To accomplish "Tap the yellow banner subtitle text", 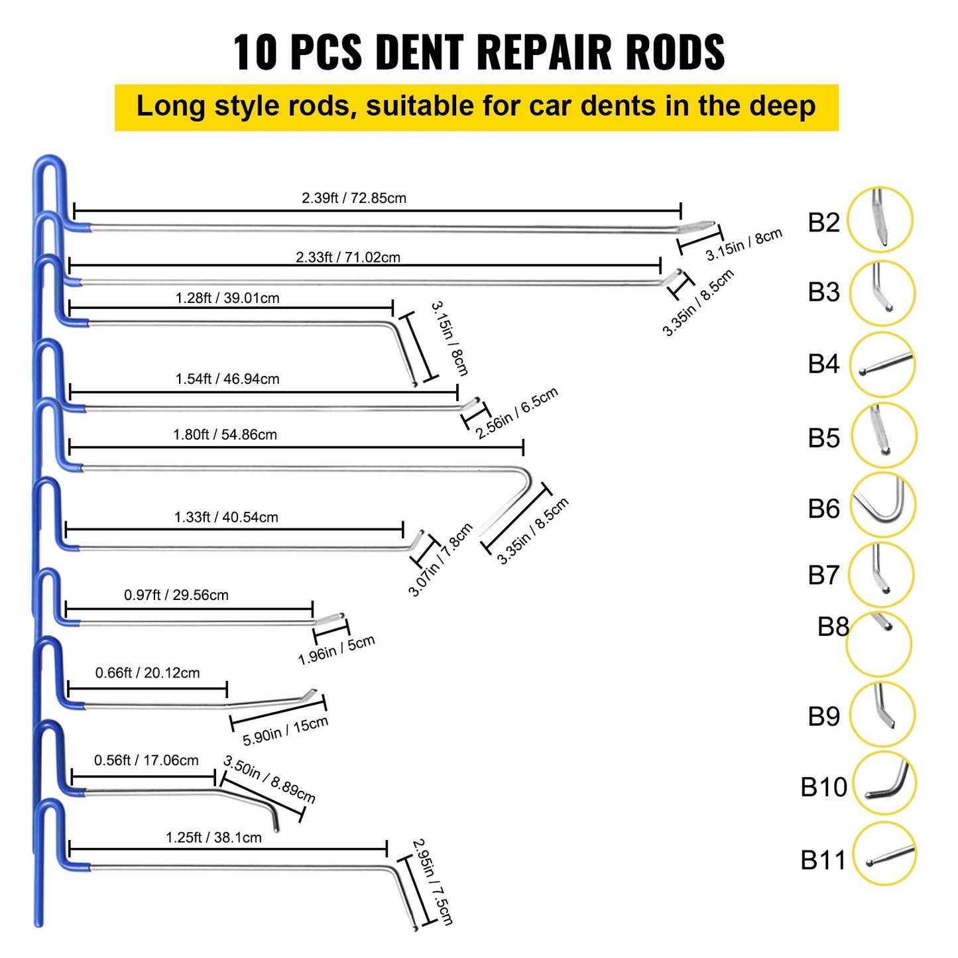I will point(476,107).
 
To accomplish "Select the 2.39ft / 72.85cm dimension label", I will point(353,198).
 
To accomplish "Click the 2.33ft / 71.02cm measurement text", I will point(347,257).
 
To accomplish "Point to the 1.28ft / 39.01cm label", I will point(227,298).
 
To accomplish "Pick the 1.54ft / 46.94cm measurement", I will point(227,379).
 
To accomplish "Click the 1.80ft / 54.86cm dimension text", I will point(225,435).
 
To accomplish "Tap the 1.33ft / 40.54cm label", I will point(226,517).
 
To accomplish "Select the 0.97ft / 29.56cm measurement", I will point(176,595).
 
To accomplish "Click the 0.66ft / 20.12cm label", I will point(147,673).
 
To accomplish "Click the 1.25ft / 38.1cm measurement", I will point(213,837).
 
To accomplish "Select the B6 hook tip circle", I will point(882,505).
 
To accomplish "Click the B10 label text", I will point(823,787).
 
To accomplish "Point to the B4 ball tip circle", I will point(881,365).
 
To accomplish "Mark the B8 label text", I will point(833,627).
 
